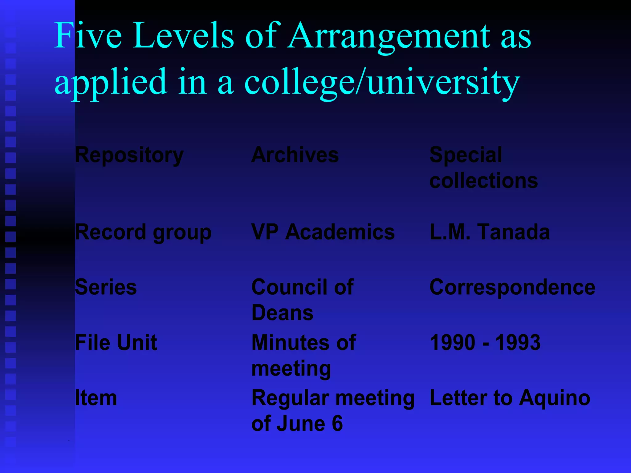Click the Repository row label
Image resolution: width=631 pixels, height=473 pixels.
pos(129,155)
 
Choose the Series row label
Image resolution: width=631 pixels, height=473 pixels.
pos(106,287)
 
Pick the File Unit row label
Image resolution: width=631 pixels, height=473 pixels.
pos(116,342)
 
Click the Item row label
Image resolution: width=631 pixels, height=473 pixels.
pos(96,398)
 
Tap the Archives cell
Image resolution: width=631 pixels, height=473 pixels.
pos(295,155)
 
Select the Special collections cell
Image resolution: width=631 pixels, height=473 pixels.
pos(483,168)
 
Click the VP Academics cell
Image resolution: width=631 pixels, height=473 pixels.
pos(323,232)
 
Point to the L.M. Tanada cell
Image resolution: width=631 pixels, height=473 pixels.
pos(490,232)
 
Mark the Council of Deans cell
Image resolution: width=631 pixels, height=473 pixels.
pos(303,300)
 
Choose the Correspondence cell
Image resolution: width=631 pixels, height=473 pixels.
pos(512,287)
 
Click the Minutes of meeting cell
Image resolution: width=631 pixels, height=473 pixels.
pos(304,355)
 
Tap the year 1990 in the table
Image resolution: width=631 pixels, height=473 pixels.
pos(452,342)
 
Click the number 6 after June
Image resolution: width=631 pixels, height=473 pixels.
pos(337,423)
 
